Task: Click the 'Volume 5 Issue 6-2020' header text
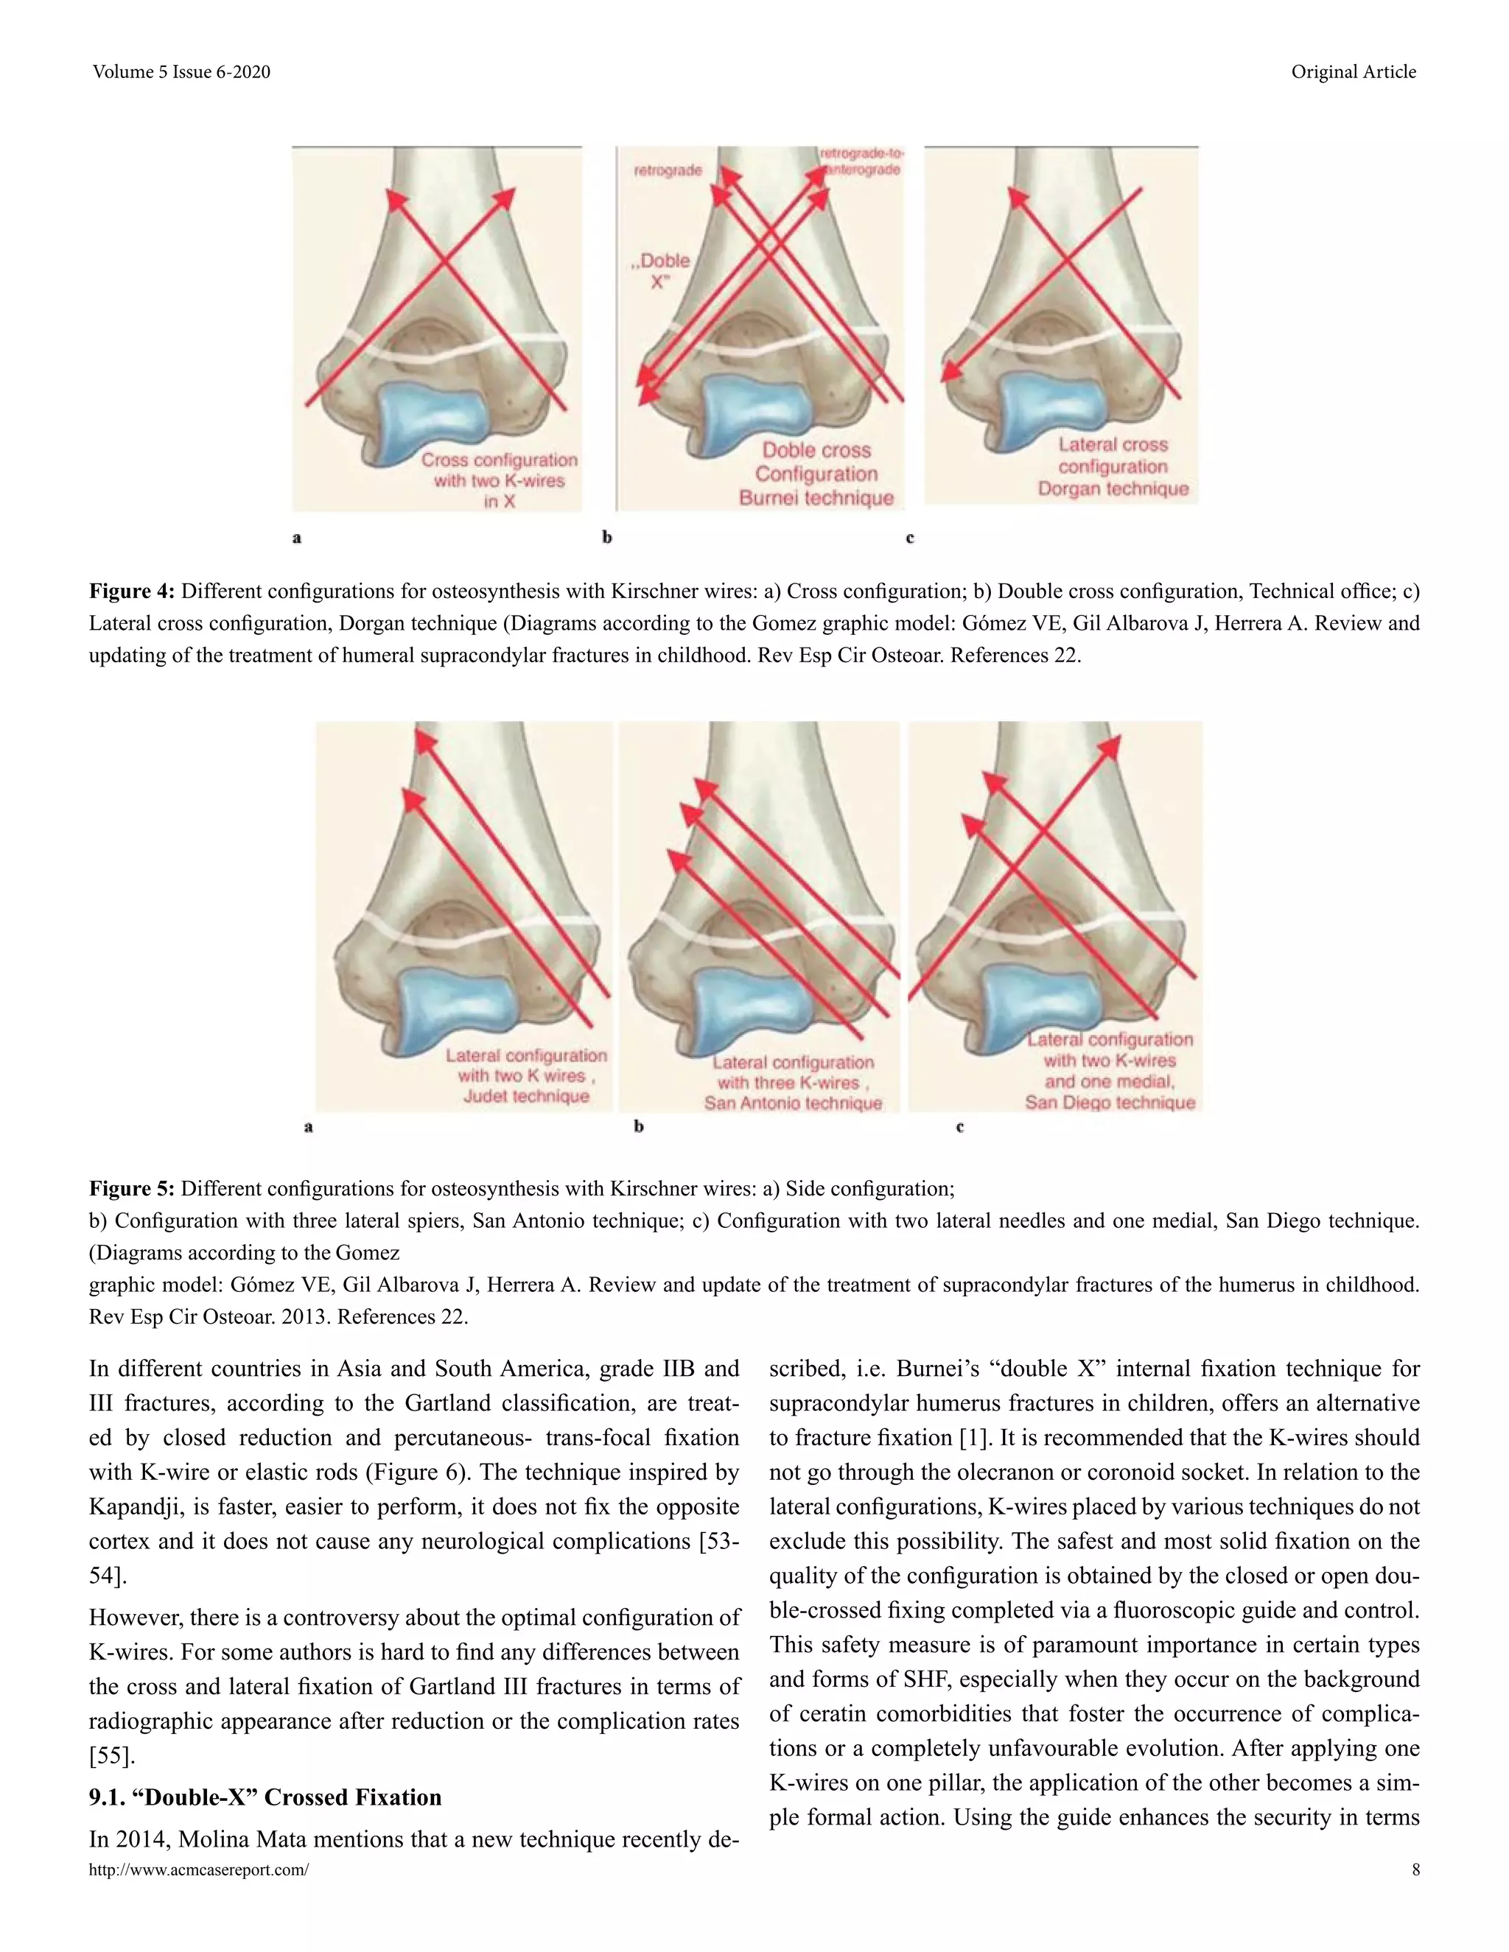pos(181,71)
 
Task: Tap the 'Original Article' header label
pos(1353,71)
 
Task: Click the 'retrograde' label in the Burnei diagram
pos(668,170)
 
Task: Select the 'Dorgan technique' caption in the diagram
pos(1113,489)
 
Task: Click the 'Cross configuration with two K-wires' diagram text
pos(499,470)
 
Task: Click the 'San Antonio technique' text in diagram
pos(792,1103)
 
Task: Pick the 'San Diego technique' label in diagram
pos(1110,1102)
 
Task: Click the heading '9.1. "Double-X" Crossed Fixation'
pos(265,1797)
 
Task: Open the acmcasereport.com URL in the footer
pos(198,1870)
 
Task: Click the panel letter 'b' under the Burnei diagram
pos(607,537)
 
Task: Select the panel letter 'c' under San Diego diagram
pos(959,1126)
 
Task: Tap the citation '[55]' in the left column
pos(111,1755)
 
